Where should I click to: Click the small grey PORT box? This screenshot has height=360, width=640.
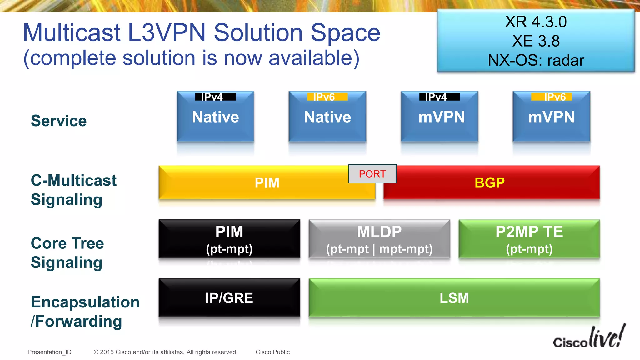pyautogui.click(x=372, y=174)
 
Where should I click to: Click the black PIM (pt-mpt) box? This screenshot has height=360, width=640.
pyautogui.click(x=229, y=239)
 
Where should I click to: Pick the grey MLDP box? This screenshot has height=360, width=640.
pyautogui.click(x=379, y=239)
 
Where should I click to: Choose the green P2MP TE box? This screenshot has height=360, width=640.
pyautogui.click(x=529, y=239)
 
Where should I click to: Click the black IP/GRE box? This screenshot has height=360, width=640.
pyautogui.click(x=229, y=298)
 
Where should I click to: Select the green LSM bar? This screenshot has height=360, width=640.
pyautogui.click(x=454, y=298)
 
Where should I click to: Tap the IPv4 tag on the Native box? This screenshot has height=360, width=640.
pyautogui.click(x=215, y=97)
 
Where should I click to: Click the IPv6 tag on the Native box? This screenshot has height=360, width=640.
pyautogui.click(x=327, y=97)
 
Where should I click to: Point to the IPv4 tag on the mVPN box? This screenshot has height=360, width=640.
pyautogui.click(x=439, y=97)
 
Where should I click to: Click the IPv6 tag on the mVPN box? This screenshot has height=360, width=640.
pyautogui.click(x=552, y=97)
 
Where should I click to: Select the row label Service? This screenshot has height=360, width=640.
pyautogui.click(x=59, y=121)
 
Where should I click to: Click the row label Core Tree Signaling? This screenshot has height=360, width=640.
pyautogui.click(x=67, y=252)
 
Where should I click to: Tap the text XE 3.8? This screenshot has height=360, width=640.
pyautogui.click(x=536, y=41)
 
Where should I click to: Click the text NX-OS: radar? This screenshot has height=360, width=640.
pyautogui.click(x=536, y=60)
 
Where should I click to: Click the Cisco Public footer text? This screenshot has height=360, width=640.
pyautogui.click(x=272, y=352)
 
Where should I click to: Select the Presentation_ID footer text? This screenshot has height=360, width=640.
pyautogui.click(x=49, y=352)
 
